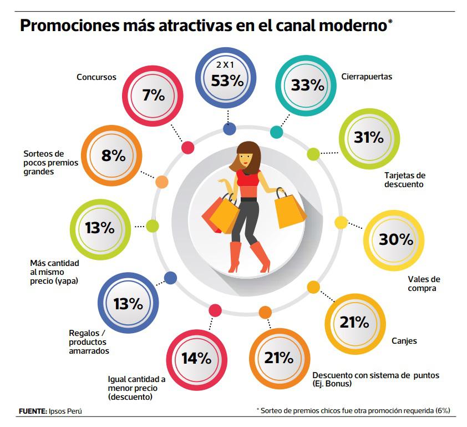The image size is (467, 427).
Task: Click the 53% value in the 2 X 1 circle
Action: (227, 81)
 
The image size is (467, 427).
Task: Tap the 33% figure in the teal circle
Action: (307, 86)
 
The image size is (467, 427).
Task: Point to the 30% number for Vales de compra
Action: (395, 240)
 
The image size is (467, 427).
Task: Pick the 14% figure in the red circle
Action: (196, 358)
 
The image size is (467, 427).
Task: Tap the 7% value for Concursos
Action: (154, 96)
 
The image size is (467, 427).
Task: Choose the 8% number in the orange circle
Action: (113, 156)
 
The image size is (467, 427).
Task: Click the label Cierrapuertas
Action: (368, 77)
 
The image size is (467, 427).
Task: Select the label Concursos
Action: (97, 77)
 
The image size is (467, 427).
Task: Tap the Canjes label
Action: (404, 341)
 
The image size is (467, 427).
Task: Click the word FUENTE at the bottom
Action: (32, 411)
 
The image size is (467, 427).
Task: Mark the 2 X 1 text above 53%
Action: (227, 66)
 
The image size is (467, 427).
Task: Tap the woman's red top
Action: (247, 180)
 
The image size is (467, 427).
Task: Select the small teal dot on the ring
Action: (276, 132)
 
